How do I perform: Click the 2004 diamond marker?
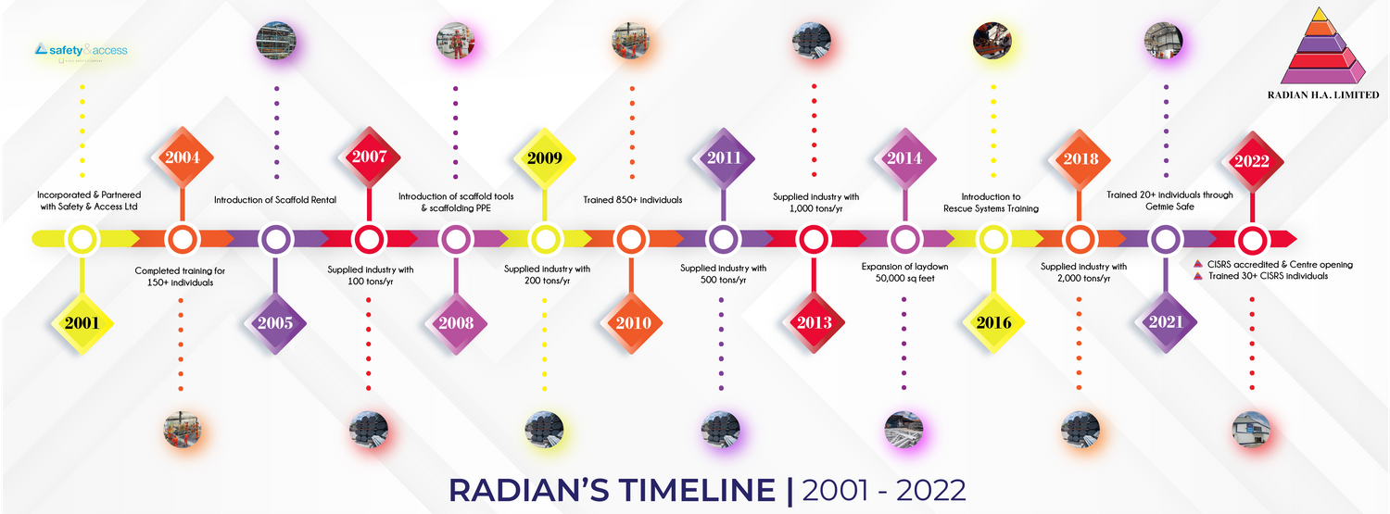pyautogui.click(x=183, y=157)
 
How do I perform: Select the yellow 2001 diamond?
pyautogui.click(x=82, y=323)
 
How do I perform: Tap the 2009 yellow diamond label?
pyautogui.click(x=544, y=157)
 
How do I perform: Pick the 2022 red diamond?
pyautogui.click(x=1251, y=160)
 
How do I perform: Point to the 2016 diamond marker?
pyautogui.click(x=993, y=323)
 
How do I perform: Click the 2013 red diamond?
pyautogui.click(x=813, y=323)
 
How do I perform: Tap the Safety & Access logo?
pyautogui.click(x=82, y=51)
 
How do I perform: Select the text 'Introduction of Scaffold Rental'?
pyautogui.click(x=275, y=199)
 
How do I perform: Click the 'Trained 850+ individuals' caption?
pyautogui.click(x=632, y=199)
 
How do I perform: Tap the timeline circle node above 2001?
pyautogui.click(x=82, y=240)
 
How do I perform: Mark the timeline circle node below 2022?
pyautogui.click(x=1251, y=240)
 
